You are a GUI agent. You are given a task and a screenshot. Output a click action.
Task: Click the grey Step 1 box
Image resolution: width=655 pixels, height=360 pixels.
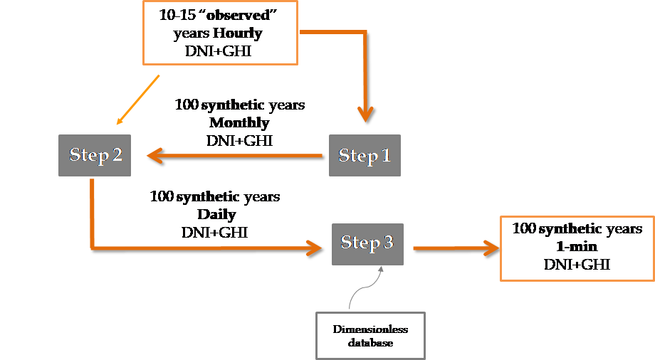coord(365,155)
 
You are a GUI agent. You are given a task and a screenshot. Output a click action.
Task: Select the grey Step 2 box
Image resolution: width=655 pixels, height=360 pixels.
coord(95,155)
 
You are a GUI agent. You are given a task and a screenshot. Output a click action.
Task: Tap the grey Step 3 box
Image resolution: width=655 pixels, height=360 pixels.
coord(367,243)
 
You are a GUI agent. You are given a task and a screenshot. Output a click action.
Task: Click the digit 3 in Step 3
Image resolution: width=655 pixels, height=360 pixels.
coord(388,243)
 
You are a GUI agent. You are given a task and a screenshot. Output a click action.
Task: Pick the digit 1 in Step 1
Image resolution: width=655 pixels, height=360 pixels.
coord(386,155)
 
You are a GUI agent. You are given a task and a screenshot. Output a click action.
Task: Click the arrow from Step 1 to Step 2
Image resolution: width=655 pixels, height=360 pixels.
coord(235,155)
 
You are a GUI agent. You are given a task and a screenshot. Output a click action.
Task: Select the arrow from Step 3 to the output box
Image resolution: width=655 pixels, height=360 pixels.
coord(456,248)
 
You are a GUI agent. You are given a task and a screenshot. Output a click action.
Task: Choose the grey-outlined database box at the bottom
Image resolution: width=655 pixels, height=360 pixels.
coord(371,335)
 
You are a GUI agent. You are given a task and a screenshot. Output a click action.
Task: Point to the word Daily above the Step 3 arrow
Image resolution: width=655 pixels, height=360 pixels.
coord(216,214)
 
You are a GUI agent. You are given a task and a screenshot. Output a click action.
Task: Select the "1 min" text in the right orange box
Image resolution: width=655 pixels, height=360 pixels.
coord(577,247)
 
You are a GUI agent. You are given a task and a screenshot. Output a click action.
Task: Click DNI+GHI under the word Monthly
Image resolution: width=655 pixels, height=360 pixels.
coord(241,140)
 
